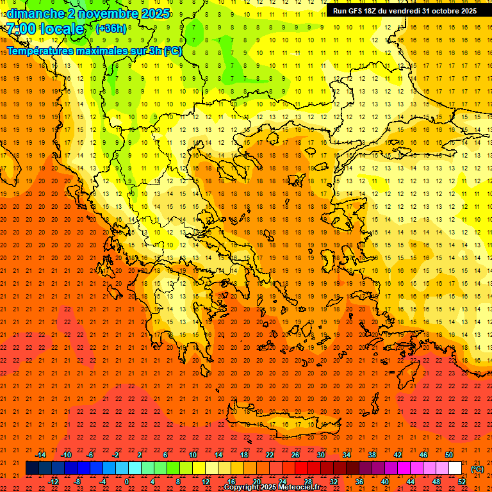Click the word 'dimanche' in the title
point(35,13)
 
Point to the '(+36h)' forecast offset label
point(111,29)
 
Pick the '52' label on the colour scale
point(462,482)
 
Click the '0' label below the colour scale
point(127,482)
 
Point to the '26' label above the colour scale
point(295,455)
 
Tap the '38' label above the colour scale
point(372,455)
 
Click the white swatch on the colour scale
point(455,468)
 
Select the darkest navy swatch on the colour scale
point(33,468)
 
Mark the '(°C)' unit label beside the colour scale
point(477,468)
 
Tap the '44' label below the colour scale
point(411,482)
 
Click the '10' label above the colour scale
point(193,455)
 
